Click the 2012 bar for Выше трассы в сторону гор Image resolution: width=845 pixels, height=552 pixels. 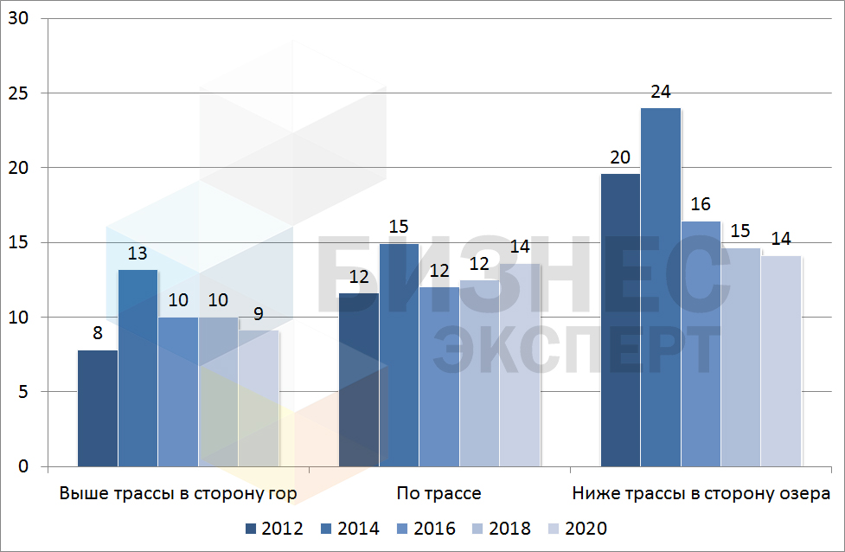click(x=98, y=408)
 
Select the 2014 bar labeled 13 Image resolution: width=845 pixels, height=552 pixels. click(x=138, y=369)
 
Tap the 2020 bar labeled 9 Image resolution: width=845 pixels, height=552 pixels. click(x=259, y=398)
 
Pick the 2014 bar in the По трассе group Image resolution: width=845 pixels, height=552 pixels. click(x=399, y=355)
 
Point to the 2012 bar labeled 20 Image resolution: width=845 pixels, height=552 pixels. click(x=620, y=320)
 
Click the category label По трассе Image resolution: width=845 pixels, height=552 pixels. click(x=439, y=494)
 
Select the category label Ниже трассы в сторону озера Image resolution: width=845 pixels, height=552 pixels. click(x=701, y=494)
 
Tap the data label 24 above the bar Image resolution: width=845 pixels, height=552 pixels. click(x=661, y=92)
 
